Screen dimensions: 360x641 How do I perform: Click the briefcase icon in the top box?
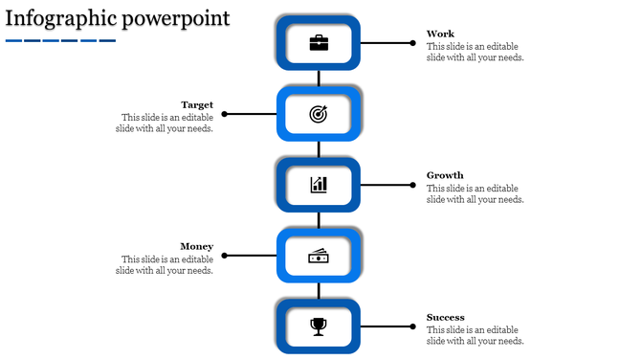319,43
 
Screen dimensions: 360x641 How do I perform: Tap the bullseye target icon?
319,114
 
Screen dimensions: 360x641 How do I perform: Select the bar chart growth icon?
319,185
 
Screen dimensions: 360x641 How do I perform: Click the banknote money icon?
319,256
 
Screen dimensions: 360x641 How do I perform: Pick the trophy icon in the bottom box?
319,326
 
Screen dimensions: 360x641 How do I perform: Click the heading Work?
440,34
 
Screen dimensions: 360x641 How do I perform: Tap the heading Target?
197,104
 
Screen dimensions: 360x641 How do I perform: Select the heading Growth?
445,175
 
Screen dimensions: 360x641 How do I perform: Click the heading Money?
196,246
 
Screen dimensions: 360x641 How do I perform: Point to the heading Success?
446,317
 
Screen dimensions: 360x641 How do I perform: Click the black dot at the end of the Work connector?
413,43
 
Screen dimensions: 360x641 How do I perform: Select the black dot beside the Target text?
225,114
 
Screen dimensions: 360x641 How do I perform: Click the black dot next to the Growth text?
413,185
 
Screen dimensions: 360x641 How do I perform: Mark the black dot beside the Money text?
225,256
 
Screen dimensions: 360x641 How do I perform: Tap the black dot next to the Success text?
413,326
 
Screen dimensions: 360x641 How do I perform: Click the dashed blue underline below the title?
59,40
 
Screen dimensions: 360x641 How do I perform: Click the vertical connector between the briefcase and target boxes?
319,79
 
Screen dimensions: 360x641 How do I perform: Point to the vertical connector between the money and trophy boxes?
319,291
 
